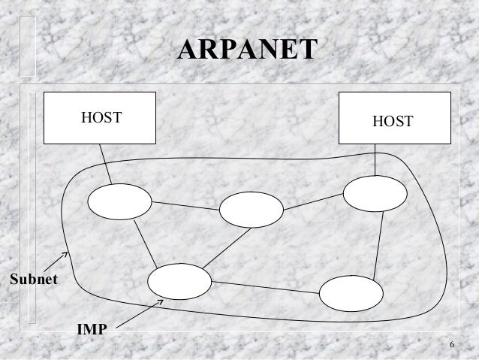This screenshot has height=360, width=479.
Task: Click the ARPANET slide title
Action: [x=248, y=50]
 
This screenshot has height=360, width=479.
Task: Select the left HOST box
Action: [x=100, y=117]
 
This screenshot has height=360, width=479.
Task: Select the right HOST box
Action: [x=395, y=117]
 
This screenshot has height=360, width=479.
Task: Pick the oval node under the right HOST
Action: [x=375, y=194]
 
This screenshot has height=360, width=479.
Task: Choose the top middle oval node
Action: [x=252, y=210]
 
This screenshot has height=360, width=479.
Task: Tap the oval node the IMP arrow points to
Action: [x=179, y=282]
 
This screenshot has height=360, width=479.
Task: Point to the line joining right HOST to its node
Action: [x=375, y=159]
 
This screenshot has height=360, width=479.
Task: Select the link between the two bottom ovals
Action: [x=265, y=287]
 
